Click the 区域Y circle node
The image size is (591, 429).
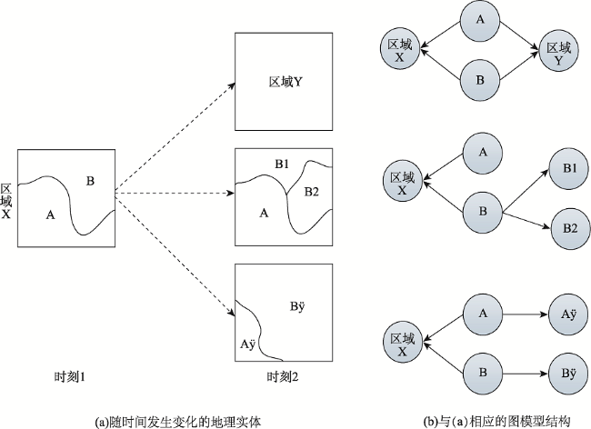pos(558,52)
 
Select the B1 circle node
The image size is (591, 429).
pos(569,169)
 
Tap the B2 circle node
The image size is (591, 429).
pos(571,229)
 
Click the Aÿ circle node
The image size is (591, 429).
pos(569,314)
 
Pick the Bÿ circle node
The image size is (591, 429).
pos(569,374)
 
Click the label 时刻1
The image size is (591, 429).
pos(70,377)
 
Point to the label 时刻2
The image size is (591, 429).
pos(283,377)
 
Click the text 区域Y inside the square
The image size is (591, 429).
pos(285,82)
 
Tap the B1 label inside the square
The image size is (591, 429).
pos(282,165)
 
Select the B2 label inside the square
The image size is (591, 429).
pos(311,192)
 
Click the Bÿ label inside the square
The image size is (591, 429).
pos(297,306)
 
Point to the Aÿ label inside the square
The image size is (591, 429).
pos(247,344)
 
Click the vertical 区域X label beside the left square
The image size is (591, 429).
pos(6,202)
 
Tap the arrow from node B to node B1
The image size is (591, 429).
pos(526,189)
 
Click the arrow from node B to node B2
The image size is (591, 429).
pos(527,220)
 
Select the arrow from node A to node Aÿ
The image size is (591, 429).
pos(526,314)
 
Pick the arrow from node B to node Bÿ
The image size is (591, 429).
pos(526,374)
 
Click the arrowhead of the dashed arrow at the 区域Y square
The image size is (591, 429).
pos(232,85)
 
